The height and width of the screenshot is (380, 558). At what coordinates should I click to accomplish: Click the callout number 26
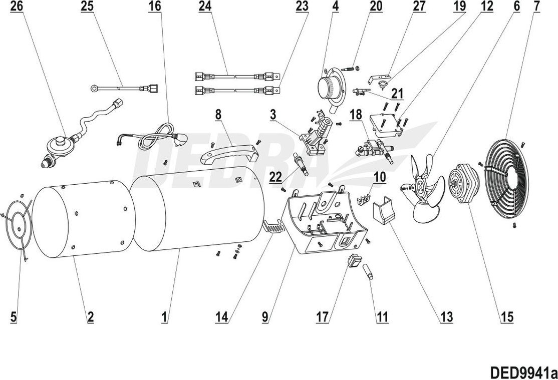point(16,7)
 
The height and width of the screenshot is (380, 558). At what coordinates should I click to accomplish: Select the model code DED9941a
point(523,372)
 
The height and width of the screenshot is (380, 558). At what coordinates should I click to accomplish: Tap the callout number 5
point(14,316)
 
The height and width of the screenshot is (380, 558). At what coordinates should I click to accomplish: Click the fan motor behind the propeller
point(460,183)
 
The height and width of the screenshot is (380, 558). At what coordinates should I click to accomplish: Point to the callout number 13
point(446,316)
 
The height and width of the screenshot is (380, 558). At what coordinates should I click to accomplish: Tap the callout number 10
point(379,176)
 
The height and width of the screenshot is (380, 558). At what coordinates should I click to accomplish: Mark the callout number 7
point(536,7)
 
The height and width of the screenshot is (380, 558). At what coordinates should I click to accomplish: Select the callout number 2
point(90,316)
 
